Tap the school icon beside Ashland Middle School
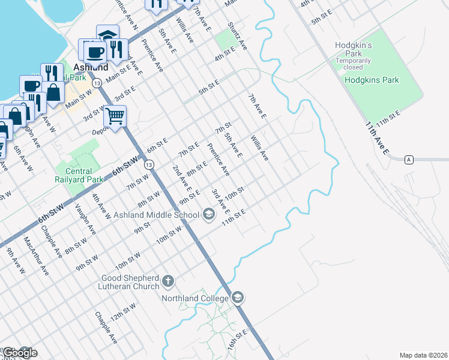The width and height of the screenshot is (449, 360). pyautogui.click(x=208, y=214)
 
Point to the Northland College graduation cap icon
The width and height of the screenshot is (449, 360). pyautogui.click(x=238, y=298)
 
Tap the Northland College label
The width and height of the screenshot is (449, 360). pyautogui.click(x=194, y=298)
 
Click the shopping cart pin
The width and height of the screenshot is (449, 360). pyautogui.click(x=115, y=115)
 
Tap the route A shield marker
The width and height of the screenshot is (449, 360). pyautogui.click(x=409, y=159)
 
